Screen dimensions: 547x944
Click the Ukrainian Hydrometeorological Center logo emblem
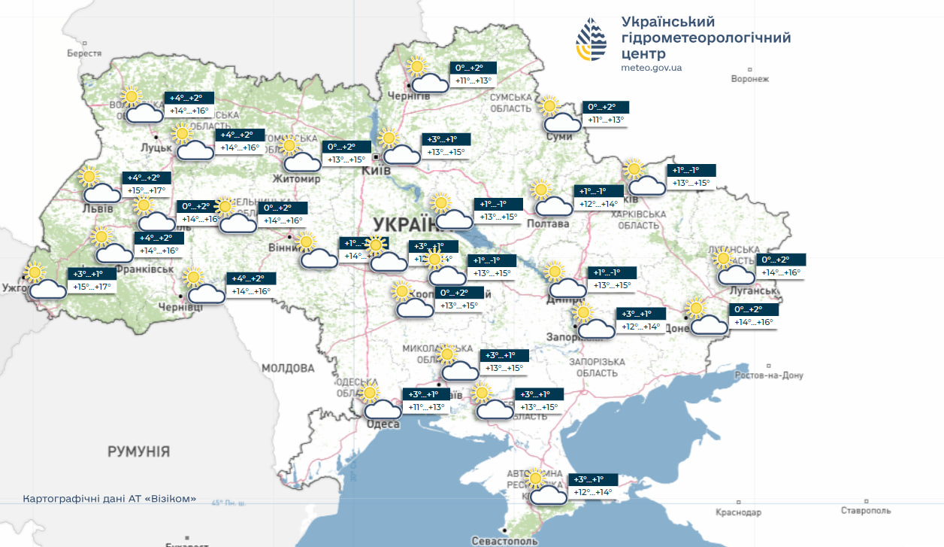click(x=592, y=40)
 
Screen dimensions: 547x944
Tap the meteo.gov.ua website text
click(x=651, y=68)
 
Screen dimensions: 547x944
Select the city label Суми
click(x=560, y=136)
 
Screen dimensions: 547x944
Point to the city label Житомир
click(x=296, y=179)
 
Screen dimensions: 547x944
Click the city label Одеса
click(x=383, y=424)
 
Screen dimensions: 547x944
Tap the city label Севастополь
click(x=504, y=540)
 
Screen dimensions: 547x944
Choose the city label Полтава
click(x=547, y=223)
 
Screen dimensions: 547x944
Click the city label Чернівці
click(x=180, y=307)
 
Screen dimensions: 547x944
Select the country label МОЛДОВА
click(x=288, y=368)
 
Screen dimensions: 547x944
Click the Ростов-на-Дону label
click(x=769, y=375)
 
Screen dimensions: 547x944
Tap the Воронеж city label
click(x=750, y=79)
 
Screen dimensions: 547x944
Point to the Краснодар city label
click(x=738, y=512)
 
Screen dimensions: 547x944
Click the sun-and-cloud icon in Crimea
click(x=544, y=488)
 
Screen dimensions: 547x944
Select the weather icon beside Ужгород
click(x=44, y=283)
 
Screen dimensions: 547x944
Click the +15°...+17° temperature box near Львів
click(x=147, y=184)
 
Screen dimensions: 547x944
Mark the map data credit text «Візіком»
click(x=110, y=499)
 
